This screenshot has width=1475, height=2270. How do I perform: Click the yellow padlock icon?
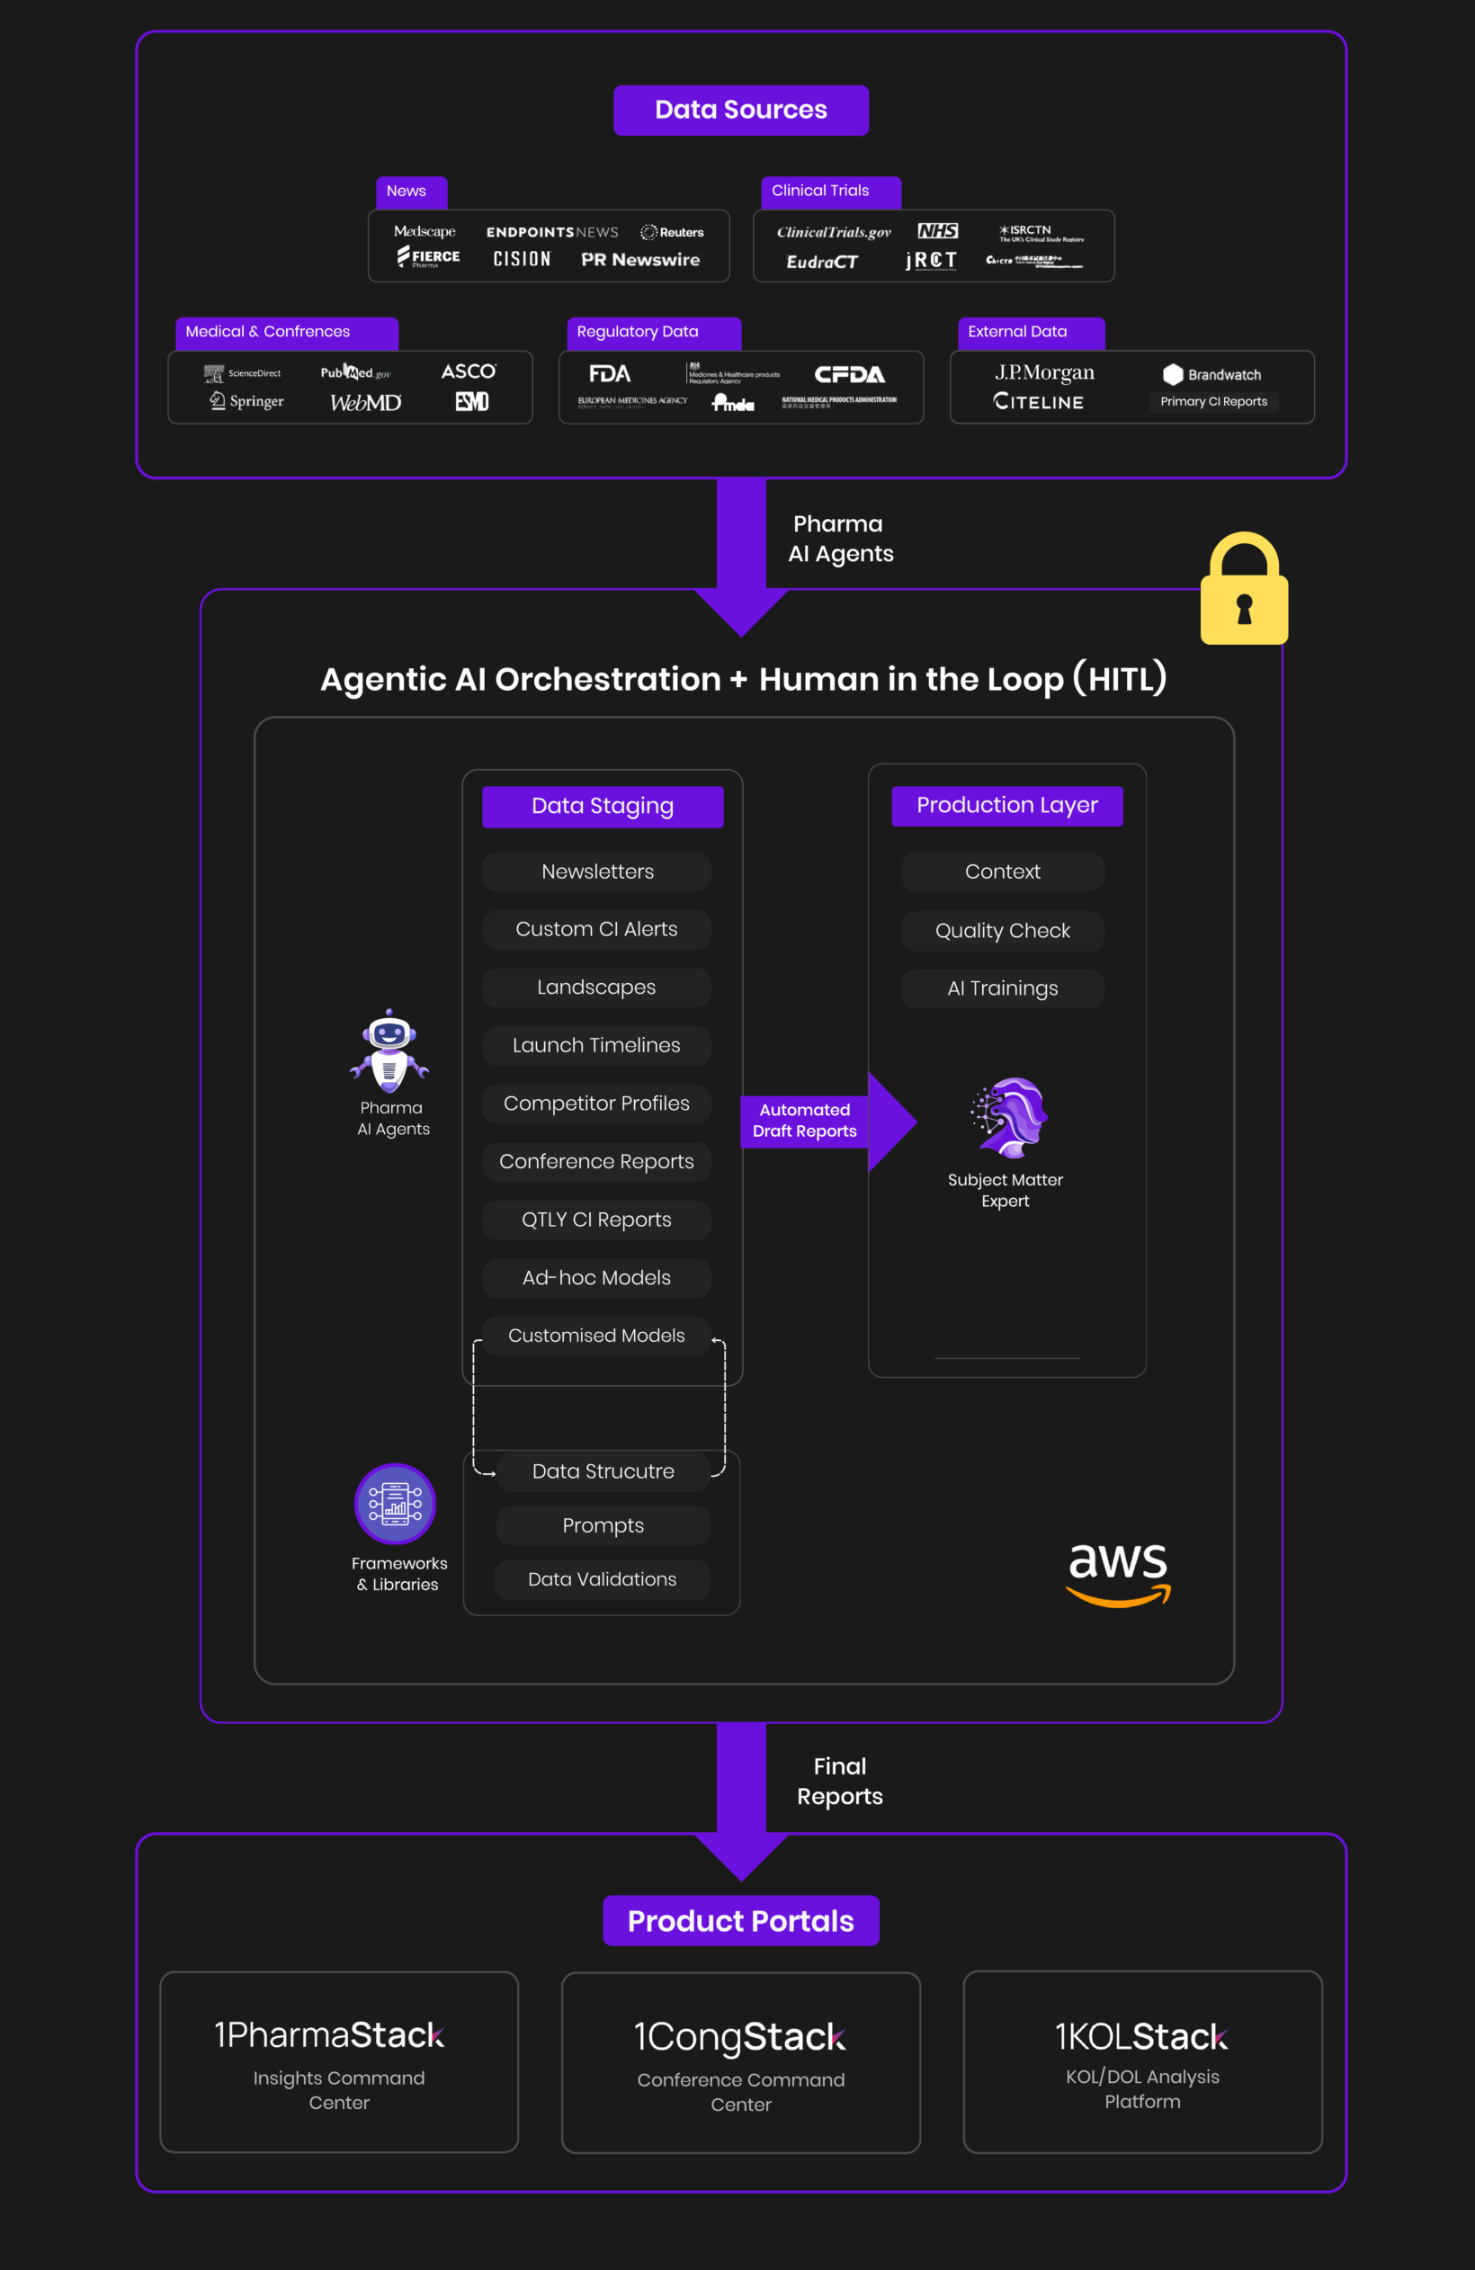coord(1243,590)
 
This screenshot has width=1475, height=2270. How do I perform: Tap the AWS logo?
coord(1117,1574)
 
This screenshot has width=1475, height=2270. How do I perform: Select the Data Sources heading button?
coord(740,111)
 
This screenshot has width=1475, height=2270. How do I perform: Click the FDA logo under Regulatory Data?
coord(610,374)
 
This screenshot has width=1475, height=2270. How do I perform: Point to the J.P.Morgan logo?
coord(1044,373)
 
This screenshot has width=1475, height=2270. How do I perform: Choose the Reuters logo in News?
coord(673,233)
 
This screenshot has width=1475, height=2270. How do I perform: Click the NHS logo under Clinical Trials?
coord(937,231)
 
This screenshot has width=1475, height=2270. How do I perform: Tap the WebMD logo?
coord(365,403)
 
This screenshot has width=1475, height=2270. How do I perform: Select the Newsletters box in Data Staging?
coord(597,871)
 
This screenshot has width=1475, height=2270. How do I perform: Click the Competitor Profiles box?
coord(596,1104)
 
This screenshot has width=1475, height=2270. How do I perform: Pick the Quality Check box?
coord(1002,931)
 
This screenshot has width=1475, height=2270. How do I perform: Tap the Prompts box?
coord(603,1525)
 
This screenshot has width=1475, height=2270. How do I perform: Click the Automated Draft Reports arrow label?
coord(804,1121)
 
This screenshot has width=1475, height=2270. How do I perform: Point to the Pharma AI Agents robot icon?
coord(389,1051)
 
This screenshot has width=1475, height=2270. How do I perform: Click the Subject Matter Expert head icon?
coord(1008,1117)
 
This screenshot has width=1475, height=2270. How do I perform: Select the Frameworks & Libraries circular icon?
coord(395,1504)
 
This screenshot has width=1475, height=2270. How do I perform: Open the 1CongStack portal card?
coord(740,2062)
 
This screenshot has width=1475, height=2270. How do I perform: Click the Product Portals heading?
coord(740,1921)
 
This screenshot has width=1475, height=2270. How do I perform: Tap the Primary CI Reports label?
coord(1213,401)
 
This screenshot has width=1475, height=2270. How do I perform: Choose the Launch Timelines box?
coord(596,1045)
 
